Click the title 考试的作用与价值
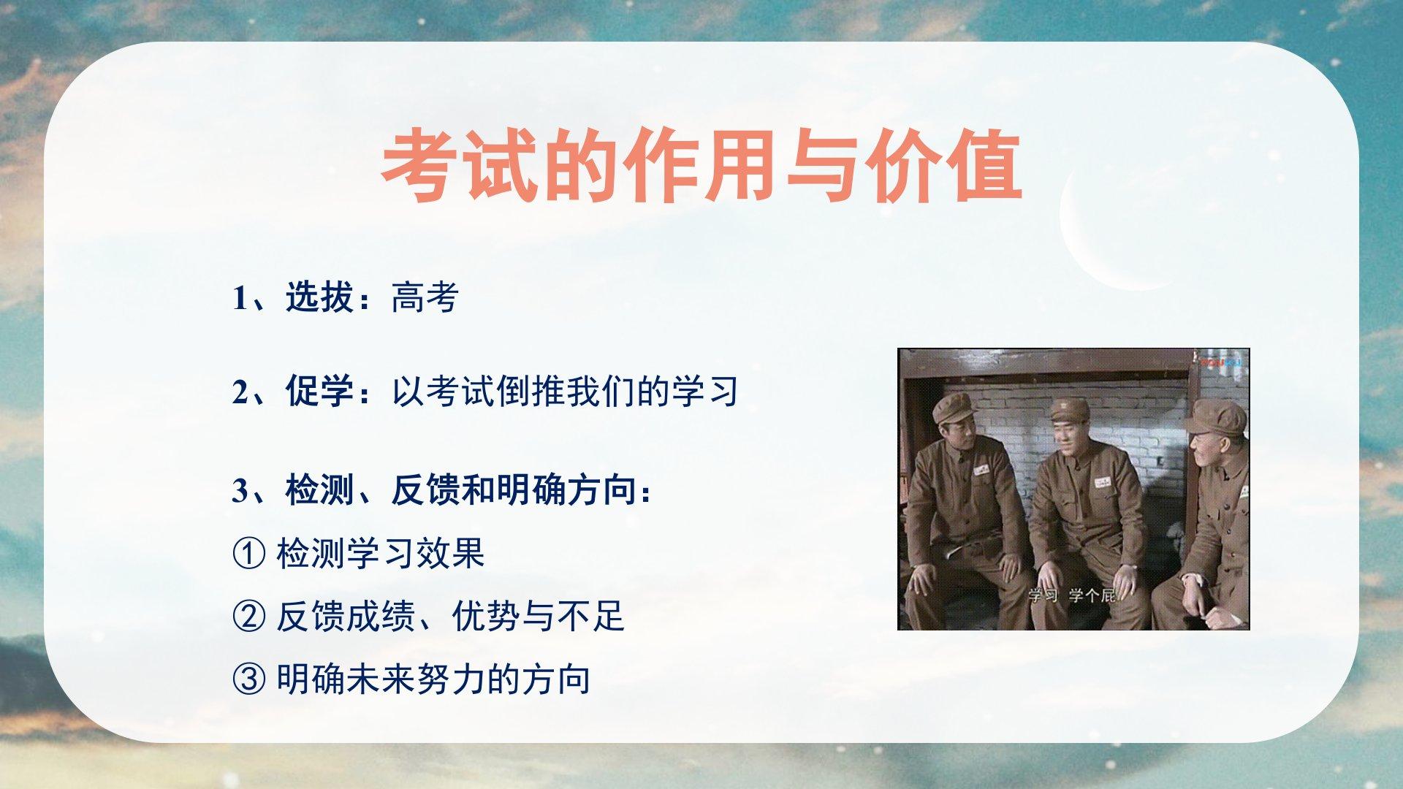(701, 166)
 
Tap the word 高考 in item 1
(425, 297)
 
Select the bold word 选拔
(320, 297)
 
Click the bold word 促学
(320, 391)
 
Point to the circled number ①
(248, 554)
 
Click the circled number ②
(248, 617)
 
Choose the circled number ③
(248, 680)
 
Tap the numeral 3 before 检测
(240, 490)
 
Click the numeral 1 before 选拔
(240, 298)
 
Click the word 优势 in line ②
(486, 617)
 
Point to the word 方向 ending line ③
(557, 679)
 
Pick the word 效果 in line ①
(451, 553)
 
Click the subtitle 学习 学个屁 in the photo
(1072, 595)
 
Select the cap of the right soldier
(1214, 417)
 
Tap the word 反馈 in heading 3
(425, 489)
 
